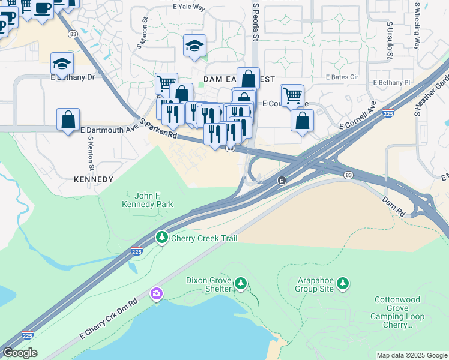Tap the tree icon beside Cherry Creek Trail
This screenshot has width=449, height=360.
click(161, 238)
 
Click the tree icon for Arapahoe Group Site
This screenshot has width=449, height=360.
click(342, 283)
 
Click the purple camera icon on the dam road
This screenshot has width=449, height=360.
click(157, 293)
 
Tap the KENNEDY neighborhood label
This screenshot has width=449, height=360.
click(93, 179)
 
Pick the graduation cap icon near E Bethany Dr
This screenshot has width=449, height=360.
click(61, 63)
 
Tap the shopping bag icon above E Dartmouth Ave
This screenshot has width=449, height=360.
click(68, 118)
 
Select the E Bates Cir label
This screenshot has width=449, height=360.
click(342, 77)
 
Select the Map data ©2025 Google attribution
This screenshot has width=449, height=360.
click(411, 355)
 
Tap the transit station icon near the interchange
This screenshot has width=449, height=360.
click(281, 180)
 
